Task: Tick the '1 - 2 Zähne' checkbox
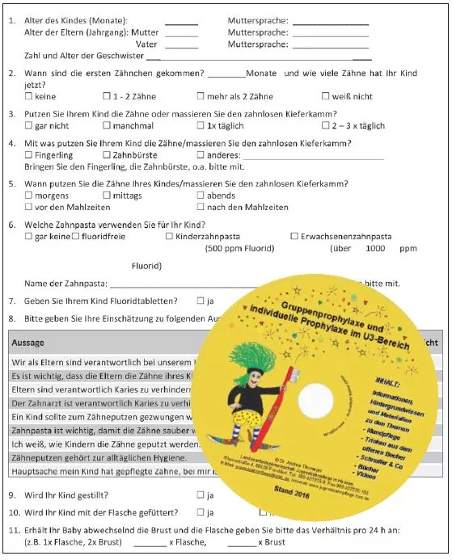107,97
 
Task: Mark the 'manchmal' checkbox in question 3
107,126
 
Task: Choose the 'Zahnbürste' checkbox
107,155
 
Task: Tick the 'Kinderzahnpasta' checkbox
169,237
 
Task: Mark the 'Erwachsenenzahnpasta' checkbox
294,237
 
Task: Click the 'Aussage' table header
28,343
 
